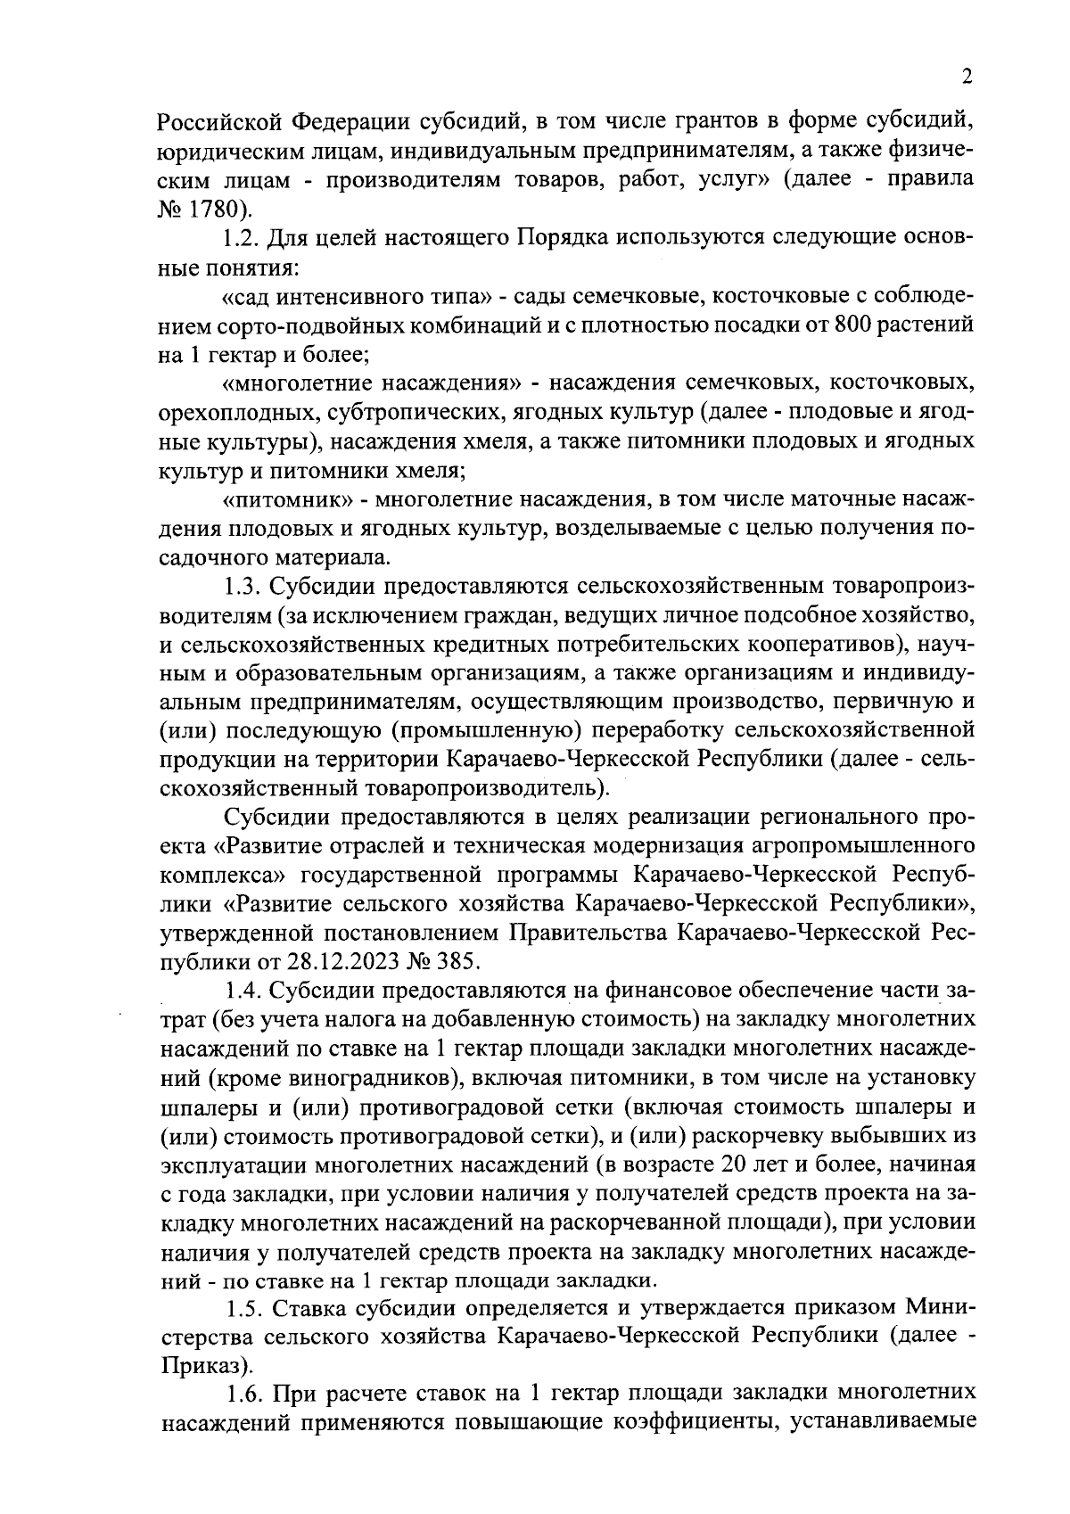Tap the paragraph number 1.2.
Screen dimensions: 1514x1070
click(x=239, y=240)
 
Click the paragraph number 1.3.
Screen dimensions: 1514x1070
click(x=239, y=587)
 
